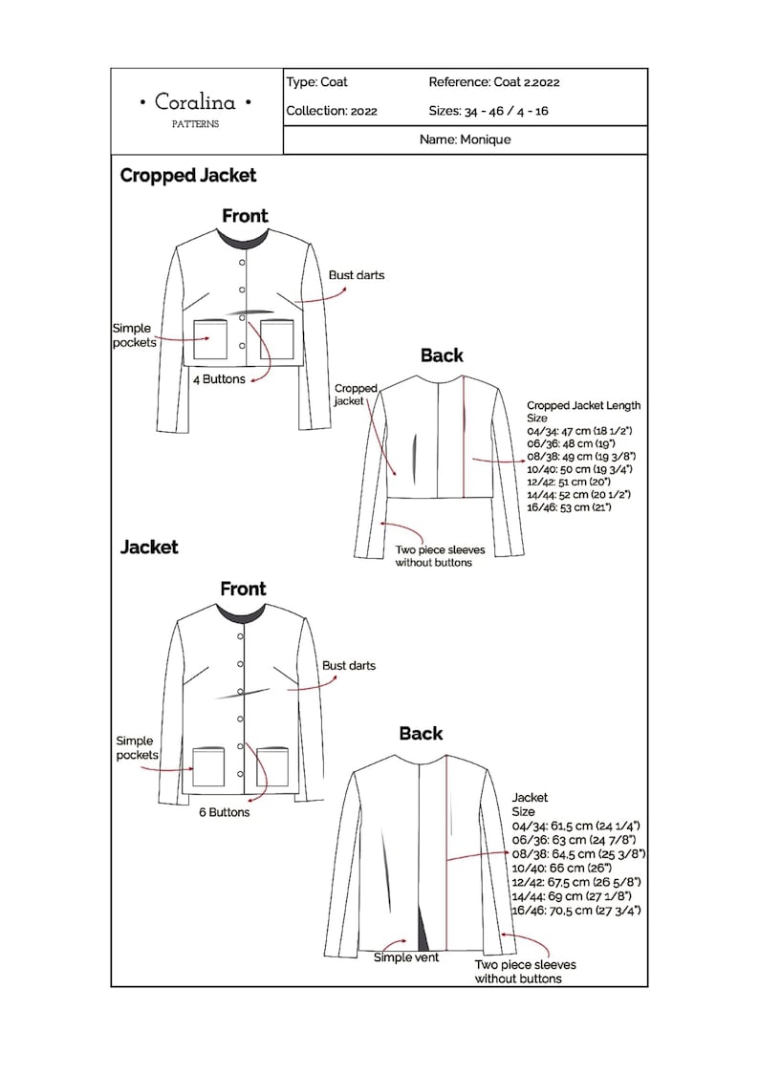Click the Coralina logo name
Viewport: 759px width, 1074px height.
click(196, 101)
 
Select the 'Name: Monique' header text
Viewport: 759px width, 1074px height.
click(465, 140)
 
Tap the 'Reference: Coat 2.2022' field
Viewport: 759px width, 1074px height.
click(493, 82)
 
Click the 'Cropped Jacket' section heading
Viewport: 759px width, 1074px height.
click(188, 176)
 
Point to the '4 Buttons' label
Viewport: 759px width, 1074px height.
click(219, 379)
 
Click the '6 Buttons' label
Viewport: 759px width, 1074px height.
click(223, 812)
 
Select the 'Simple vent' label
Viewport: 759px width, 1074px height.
click(406, 957)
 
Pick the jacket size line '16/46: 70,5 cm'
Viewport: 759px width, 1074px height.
click(576, 912)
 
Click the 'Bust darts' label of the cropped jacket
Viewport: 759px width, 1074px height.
click(357, 275)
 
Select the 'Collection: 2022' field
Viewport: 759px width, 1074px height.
click(332, 111)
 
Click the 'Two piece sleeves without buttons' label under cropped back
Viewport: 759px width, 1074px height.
click(440, 556)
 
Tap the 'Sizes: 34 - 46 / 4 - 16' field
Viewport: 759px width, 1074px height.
click(488, 111)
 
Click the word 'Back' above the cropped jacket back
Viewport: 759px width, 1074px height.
click(442, 355)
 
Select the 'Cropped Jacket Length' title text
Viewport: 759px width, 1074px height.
click(583, 405)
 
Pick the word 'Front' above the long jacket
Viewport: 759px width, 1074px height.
click(243, 589)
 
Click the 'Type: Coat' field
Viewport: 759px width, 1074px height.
click(316, 82)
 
